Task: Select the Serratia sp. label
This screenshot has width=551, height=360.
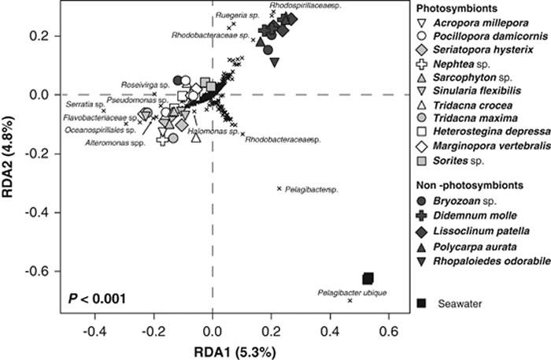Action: click(x=82, y=104)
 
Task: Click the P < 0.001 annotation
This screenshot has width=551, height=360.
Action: click(x=92, y=298)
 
